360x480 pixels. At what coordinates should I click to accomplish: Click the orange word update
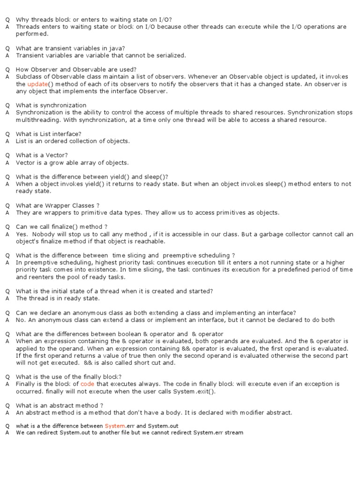coord(37,84)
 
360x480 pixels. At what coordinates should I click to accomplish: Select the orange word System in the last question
coord(114,426)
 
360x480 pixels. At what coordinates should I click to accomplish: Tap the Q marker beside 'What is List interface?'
coord(7,134)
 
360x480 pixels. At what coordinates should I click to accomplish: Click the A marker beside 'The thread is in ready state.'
coord(7,298)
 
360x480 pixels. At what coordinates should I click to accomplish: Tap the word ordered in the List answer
coord(59,141)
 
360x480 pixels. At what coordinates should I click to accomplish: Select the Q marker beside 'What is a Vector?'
coord(7,155)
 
